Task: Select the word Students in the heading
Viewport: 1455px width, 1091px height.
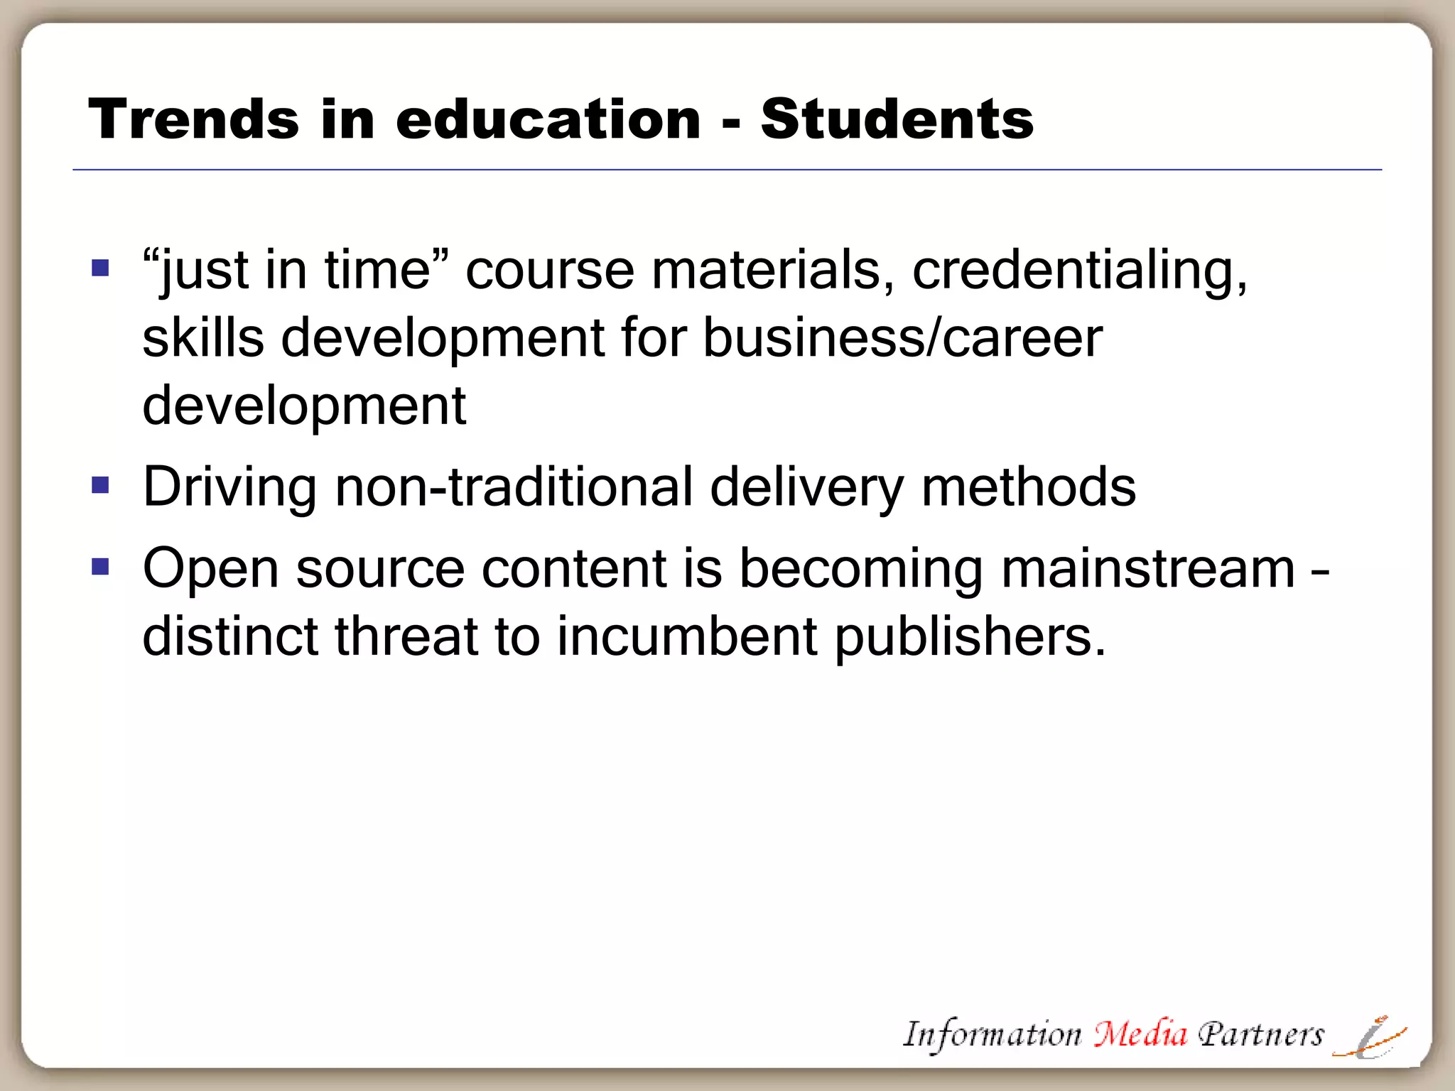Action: (x=897, y=119)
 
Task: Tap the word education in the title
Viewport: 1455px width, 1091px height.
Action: (x=548, y=119)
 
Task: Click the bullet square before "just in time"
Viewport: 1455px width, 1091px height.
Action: (x=100, y=268)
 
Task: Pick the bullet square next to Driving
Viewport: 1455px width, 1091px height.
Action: (x=100, y=485)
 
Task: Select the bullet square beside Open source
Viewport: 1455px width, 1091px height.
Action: (x=100, y=567)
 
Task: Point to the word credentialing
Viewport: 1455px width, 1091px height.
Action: (x=1079, y=271)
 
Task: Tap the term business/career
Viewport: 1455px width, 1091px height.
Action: (x=902, y=338)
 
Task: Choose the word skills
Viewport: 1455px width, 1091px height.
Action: (x=203, y=338)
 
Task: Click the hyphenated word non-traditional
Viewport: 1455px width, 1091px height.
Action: (x=513, y=487)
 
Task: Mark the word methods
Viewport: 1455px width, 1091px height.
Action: (x=1028, y=487)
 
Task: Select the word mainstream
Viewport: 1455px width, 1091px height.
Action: (x=1148, y=568)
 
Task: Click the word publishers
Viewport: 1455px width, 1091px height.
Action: (x=970, y=637)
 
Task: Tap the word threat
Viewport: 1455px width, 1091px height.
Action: (x=406, y=636)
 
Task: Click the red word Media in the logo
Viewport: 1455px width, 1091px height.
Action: (x=1140, y=1033)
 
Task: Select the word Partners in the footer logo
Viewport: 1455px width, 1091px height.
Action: (x=1261, y=1034)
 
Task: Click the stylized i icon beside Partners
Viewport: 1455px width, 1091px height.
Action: (x=1370, y=1038)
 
